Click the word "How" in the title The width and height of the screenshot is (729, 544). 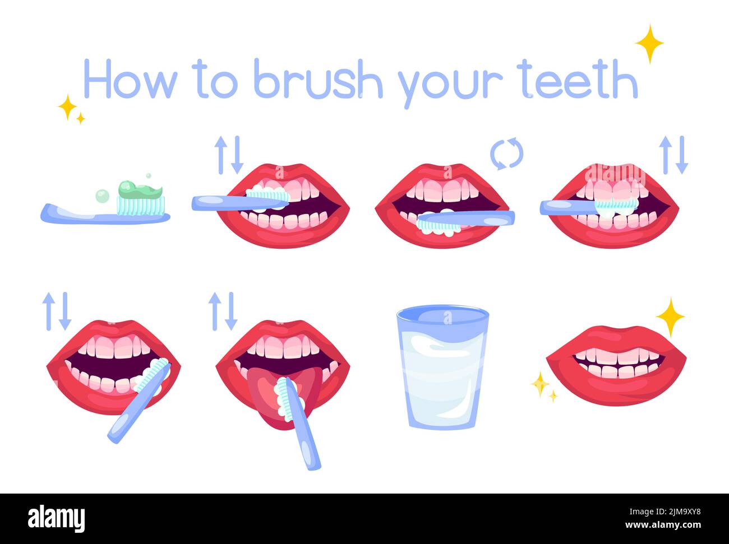tap(129, 81)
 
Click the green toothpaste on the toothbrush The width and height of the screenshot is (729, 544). tap(140, 191)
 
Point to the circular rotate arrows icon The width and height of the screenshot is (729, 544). tap(506, 154)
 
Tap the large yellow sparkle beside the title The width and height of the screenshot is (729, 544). tap(649, 44)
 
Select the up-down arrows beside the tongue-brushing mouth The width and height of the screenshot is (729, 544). tap(223, 311)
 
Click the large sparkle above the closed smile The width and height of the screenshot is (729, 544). tap(670, 317)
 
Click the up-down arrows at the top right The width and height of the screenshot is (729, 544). tap(673, 154)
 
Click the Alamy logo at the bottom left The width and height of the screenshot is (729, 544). tap(56, 518)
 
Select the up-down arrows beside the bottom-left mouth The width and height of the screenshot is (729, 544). tap(57, 311)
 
